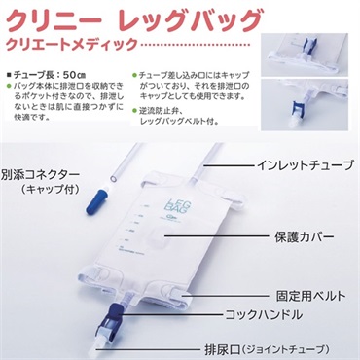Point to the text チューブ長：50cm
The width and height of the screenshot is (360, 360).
[x=54, y=71]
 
